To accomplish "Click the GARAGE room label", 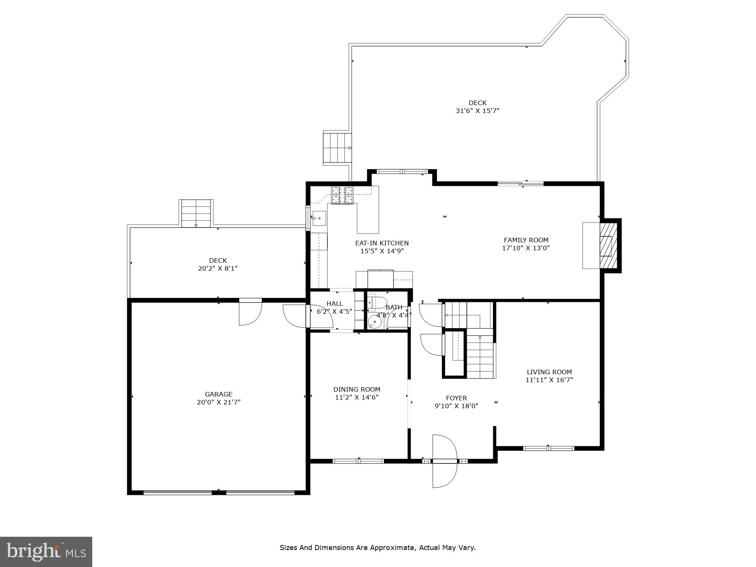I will click(218, 394).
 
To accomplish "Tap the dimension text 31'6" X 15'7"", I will click(477, 111).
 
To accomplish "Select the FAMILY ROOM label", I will click(526, 240).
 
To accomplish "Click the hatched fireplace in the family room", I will click(608, 245).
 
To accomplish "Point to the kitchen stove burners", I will click(342, 195).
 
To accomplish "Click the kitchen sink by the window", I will click(319, 218).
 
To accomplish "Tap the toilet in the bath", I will click(377, 302).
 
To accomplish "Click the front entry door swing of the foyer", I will click(445, 461).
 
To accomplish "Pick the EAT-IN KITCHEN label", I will click(382, 243).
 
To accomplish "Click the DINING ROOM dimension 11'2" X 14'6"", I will click(356, 397).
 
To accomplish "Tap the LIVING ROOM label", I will click(549, 372).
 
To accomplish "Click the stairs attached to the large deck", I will click(337, 148).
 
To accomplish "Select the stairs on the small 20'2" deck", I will click(196, 213).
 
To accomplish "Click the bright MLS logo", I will click(46, 552).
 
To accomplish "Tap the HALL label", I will click(335, 304).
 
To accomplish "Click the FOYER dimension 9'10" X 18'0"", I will click(456, 406).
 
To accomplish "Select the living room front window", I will click(548, 448).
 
